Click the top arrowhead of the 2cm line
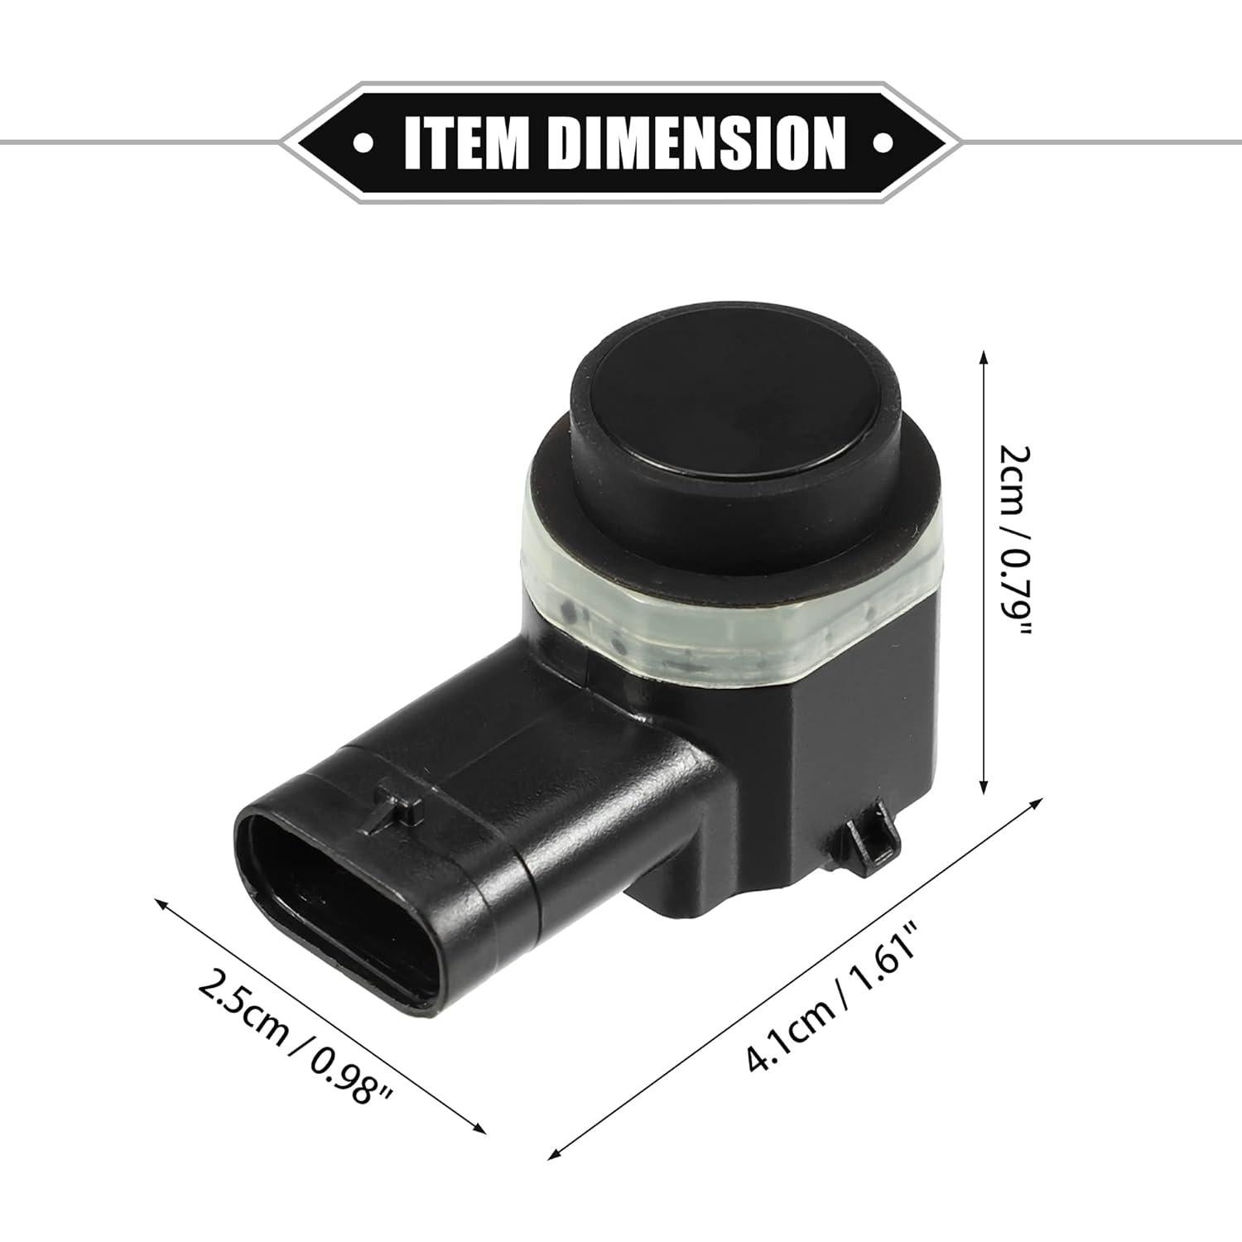[984, 357]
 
